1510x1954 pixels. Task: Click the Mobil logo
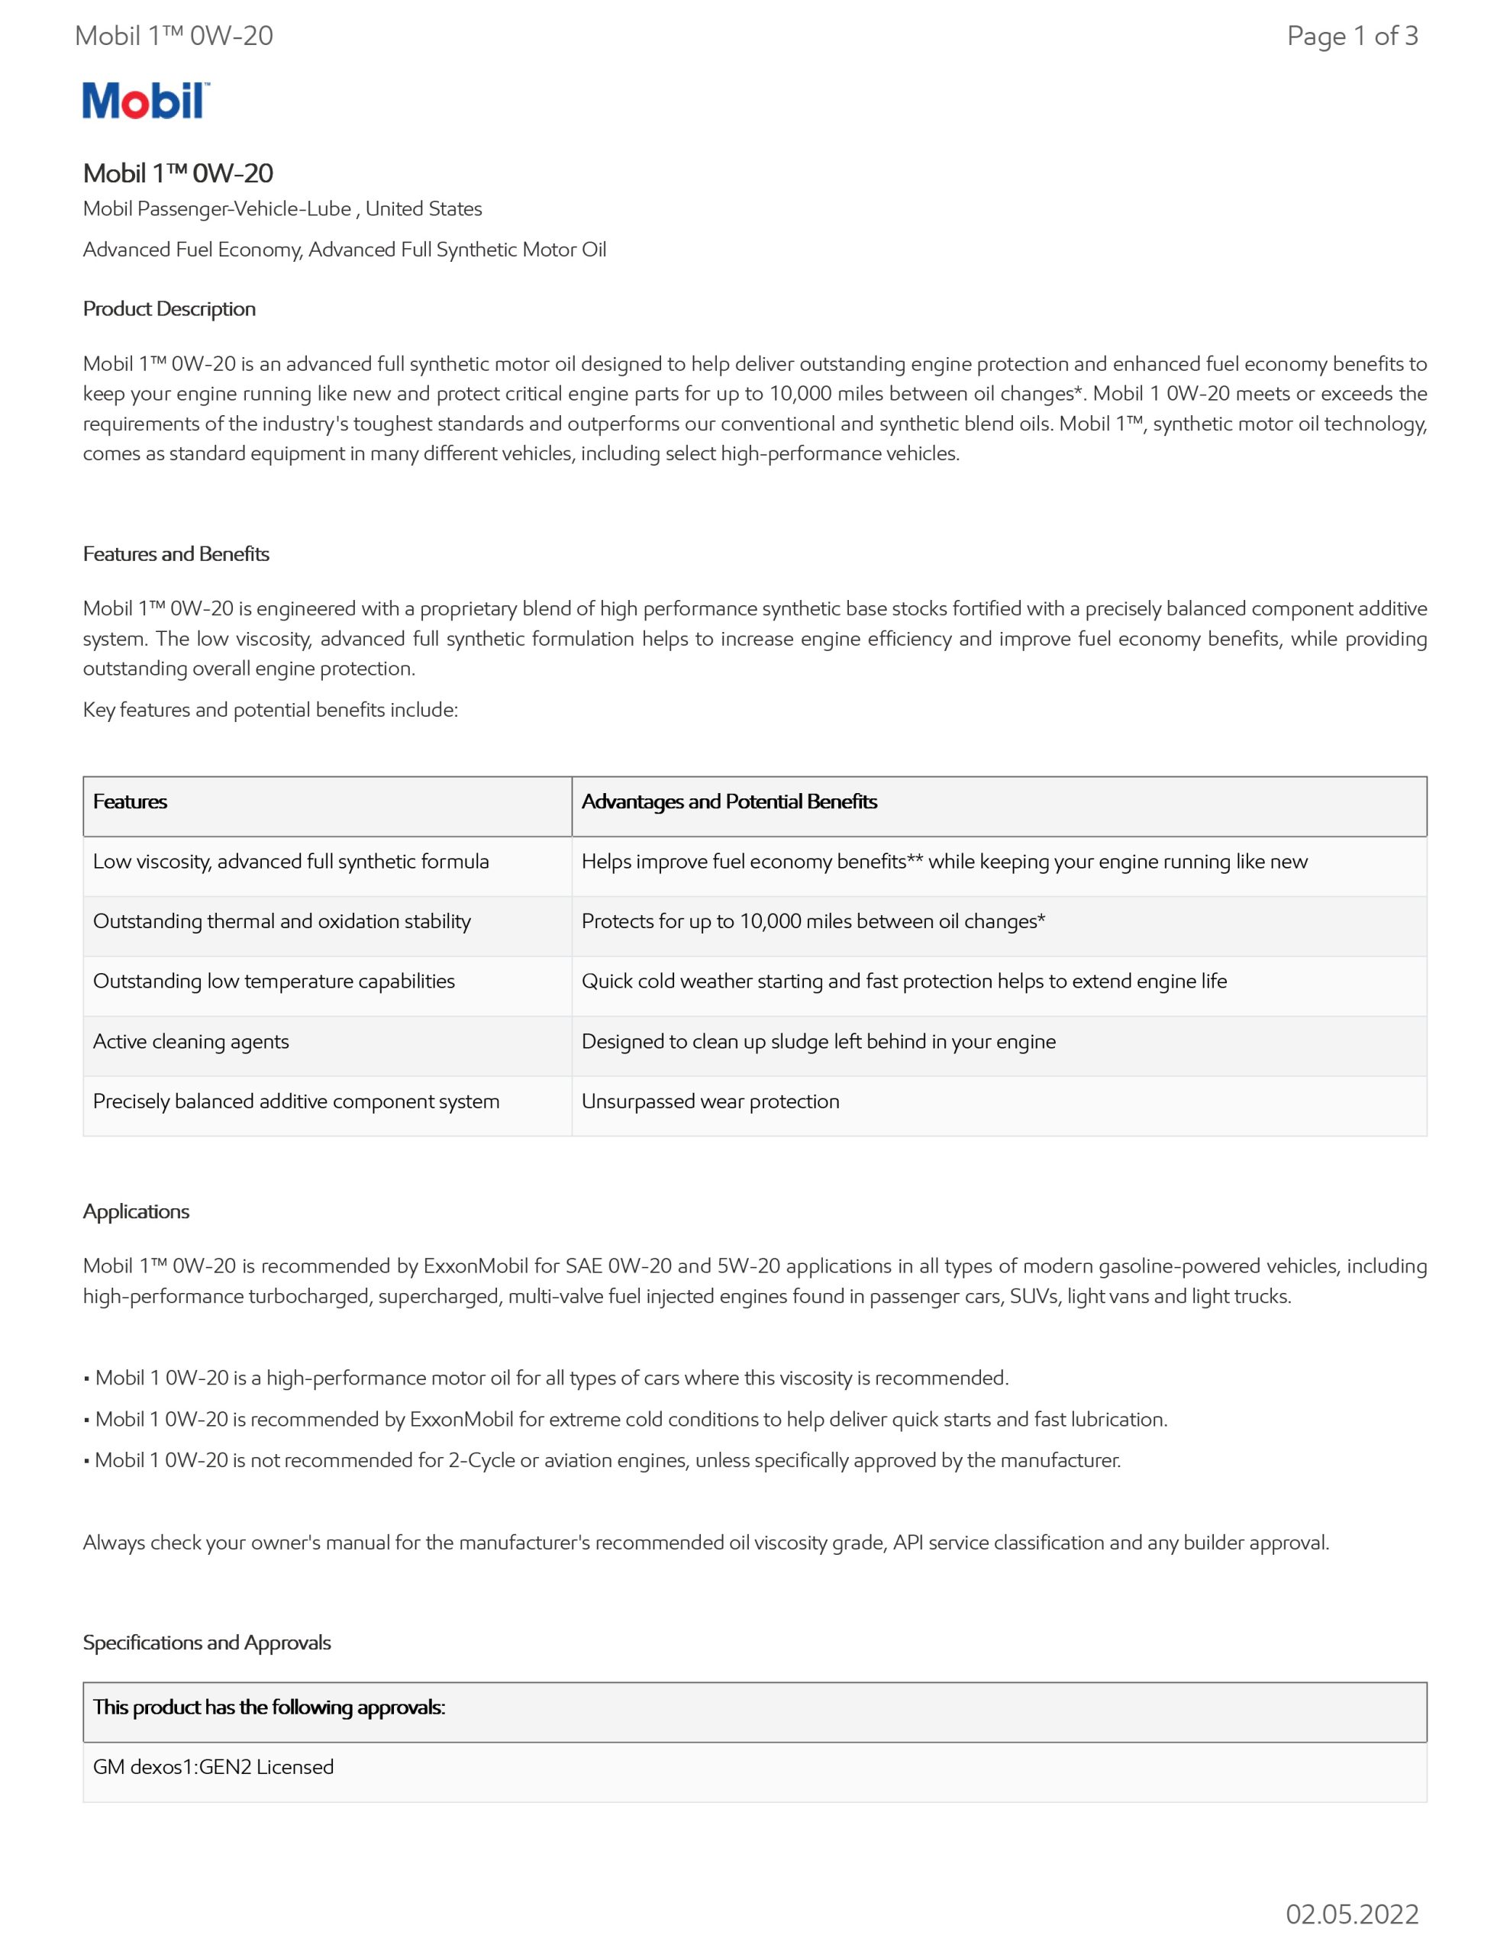click(146, 101)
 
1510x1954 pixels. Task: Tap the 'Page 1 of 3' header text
click(1351, 36)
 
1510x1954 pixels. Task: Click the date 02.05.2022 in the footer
click(1351, 1914)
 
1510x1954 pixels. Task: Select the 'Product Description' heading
click(169, 308)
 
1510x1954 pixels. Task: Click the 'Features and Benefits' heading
click(176, 554)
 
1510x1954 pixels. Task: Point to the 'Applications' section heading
click(136, 1211)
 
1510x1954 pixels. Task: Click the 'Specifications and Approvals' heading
click(207, 1643)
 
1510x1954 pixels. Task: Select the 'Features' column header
click(131, 801)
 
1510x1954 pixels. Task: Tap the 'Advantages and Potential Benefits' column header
click(728, 801)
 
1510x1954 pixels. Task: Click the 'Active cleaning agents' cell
click(191, 1041)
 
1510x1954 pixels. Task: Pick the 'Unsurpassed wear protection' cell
click(711, 1101)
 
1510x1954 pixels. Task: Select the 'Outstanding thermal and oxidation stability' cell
click(282, 921)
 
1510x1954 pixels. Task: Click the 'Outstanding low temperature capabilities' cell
click(274, 982)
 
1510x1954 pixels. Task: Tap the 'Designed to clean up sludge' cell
click(818, 1041)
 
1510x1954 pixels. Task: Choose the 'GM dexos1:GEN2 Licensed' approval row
click(213, 1767)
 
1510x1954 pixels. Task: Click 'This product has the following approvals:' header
click(269, 1707)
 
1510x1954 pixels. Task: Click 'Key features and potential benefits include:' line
click(270, 711)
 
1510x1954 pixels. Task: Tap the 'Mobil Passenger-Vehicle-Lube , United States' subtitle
click(282, 208)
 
